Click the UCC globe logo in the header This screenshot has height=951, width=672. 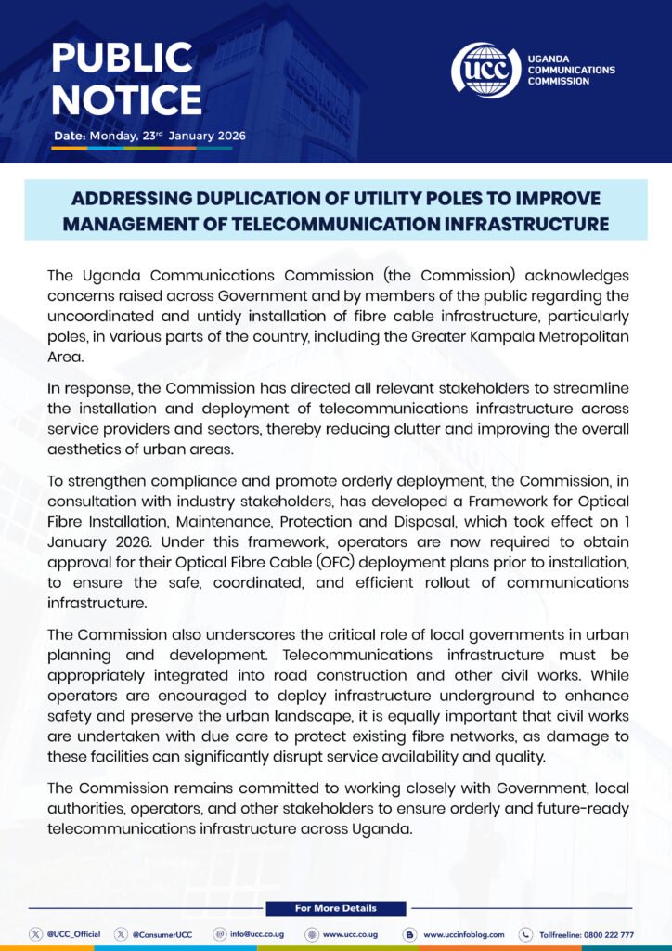485,69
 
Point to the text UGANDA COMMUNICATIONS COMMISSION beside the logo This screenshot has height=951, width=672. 570,70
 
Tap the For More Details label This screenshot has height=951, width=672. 336,907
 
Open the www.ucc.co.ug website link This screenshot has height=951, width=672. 350,934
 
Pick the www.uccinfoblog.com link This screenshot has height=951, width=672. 463,934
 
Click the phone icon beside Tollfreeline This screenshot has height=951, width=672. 525,934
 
